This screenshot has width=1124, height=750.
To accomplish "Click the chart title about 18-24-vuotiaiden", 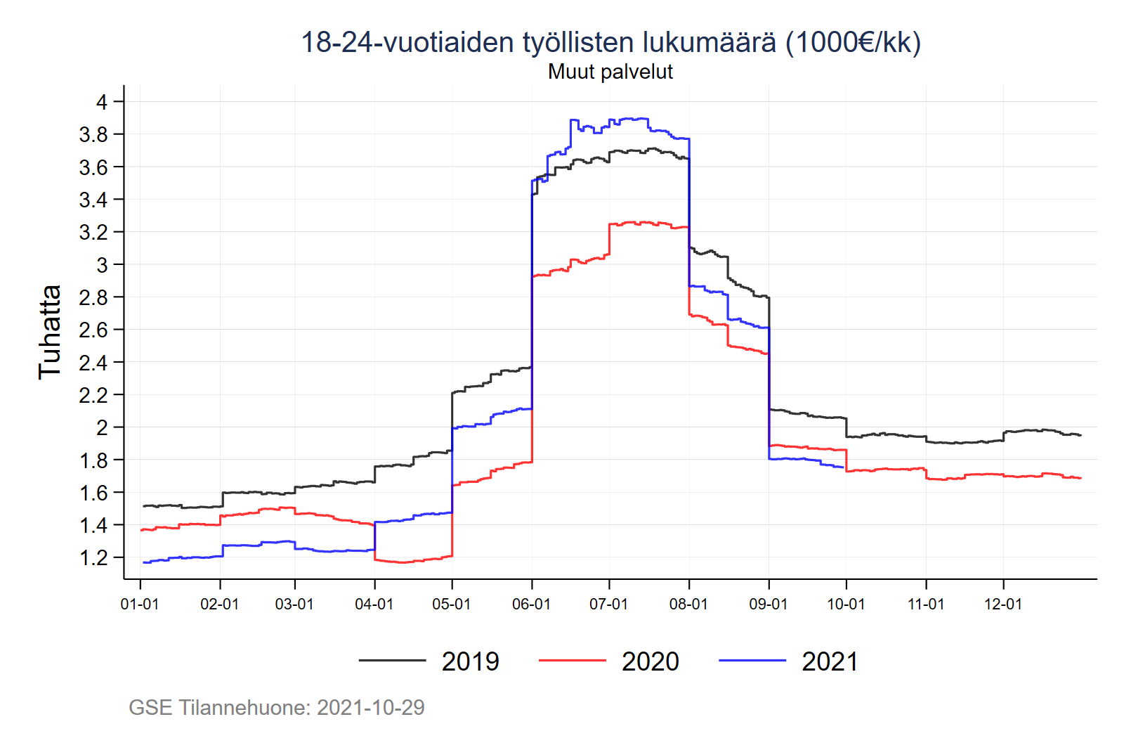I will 610,42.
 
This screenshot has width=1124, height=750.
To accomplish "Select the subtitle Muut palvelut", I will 610,72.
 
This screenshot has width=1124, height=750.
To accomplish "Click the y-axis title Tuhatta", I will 50,332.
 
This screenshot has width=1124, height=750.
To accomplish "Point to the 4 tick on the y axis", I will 102,102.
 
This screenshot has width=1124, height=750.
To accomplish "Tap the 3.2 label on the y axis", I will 93,232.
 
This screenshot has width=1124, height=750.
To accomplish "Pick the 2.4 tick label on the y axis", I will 93,363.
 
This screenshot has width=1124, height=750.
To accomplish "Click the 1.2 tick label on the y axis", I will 93,558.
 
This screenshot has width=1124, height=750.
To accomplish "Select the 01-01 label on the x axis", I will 140,604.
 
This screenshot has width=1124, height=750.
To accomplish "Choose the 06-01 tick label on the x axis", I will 532,604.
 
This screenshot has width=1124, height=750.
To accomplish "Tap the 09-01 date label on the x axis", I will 769,604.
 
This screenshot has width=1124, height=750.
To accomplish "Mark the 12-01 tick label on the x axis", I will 1003,604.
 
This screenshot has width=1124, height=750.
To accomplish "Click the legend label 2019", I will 470,661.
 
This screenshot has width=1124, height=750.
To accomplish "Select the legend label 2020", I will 651,661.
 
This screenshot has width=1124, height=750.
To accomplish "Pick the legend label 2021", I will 830,661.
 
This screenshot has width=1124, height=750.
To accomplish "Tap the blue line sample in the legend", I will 752,661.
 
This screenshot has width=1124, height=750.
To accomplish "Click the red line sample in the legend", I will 572,661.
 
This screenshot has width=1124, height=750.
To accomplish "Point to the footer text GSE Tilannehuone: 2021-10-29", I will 277,707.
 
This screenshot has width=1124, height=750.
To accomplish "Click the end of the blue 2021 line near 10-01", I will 842,467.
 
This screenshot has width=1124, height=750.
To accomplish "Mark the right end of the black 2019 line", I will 1080,435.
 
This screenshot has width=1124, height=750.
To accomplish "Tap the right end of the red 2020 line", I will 1080,478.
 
